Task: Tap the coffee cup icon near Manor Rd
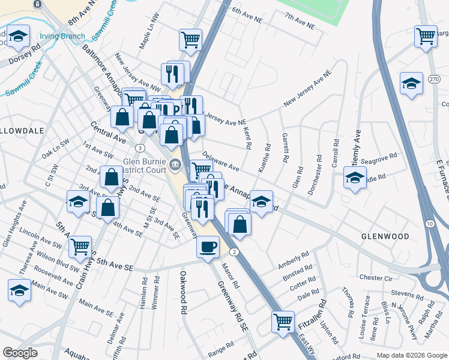208,247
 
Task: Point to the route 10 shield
430,223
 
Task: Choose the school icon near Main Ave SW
19,290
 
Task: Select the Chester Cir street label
375,278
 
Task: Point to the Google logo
20,353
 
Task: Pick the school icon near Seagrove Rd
355,177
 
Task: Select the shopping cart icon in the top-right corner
426,35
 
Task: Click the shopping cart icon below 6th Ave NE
190,40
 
